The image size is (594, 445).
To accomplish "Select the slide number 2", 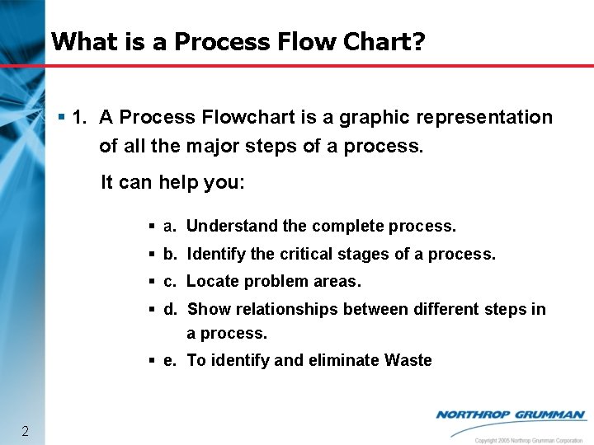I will click(x=26, y=431).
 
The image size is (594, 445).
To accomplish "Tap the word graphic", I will click(x=370, y=117).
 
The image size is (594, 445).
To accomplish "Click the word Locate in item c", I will click(x=210, y=281).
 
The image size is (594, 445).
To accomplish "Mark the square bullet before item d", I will click(x=153, y=309).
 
